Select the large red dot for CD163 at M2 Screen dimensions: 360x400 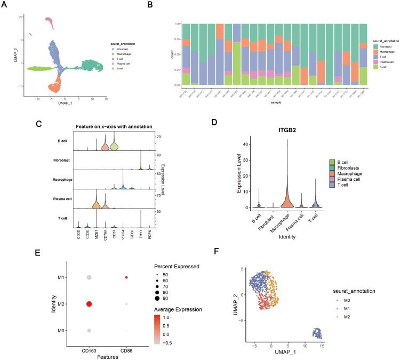[89, 304]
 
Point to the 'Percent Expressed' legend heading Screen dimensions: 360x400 [173, 266]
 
